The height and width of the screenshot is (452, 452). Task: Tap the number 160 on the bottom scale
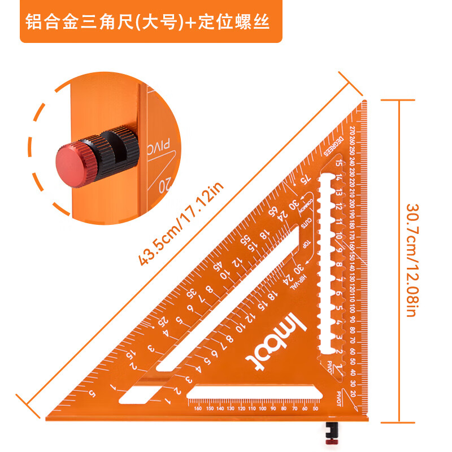(197, 408)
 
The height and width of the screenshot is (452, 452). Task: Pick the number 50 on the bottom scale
(315, 408)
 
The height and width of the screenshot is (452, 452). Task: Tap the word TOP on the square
(306, 247)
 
